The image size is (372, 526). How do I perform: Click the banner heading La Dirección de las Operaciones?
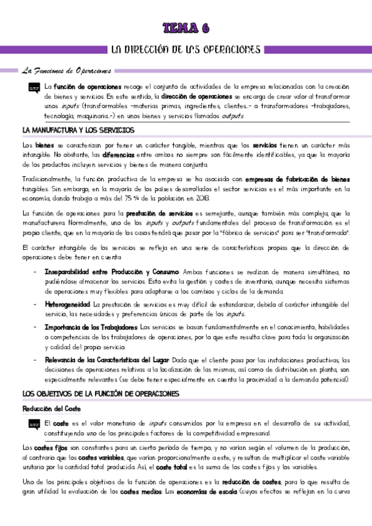coord(186,49)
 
